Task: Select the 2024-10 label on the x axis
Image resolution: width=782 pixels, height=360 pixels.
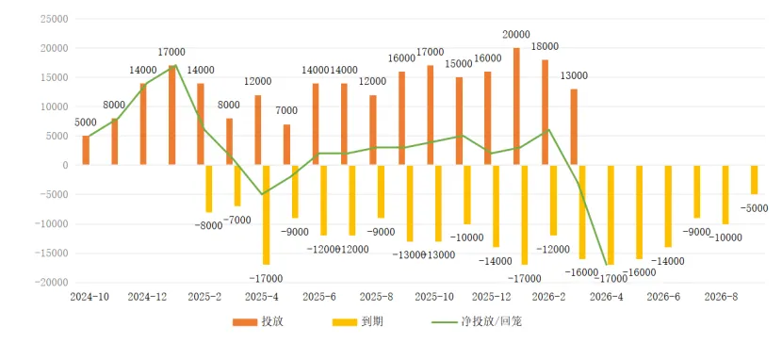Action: (90, 296)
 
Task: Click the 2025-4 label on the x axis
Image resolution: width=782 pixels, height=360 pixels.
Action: (262, 296)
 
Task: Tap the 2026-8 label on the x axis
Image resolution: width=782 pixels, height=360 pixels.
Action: (723, 296)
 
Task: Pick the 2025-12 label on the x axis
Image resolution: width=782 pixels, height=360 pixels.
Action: (492, 296)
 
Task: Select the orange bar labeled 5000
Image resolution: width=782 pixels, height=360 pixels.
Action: (86, 150)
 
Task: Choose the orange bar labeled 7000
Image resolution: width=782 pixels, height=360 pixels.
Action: (286, 144)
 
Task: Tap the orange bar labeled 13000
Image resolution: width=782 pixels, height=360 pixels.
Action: (574, 127)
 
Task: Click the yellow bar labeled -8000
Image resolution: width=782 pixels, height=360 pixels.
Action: (209, 188)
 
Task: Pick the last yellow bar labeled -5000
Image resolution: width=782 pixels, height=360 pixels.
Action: (754, 179)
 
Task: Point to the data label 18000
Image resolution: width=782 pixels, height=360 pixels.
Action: (546, 46)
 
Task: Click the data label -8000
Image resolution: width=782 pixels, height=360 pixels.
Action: (207, 225)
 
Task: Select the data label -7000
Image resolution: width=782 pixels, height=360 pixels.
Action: (237, 220)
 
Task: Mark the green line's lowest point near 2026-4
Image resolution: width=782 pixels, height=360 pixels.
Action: (609, 265)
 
